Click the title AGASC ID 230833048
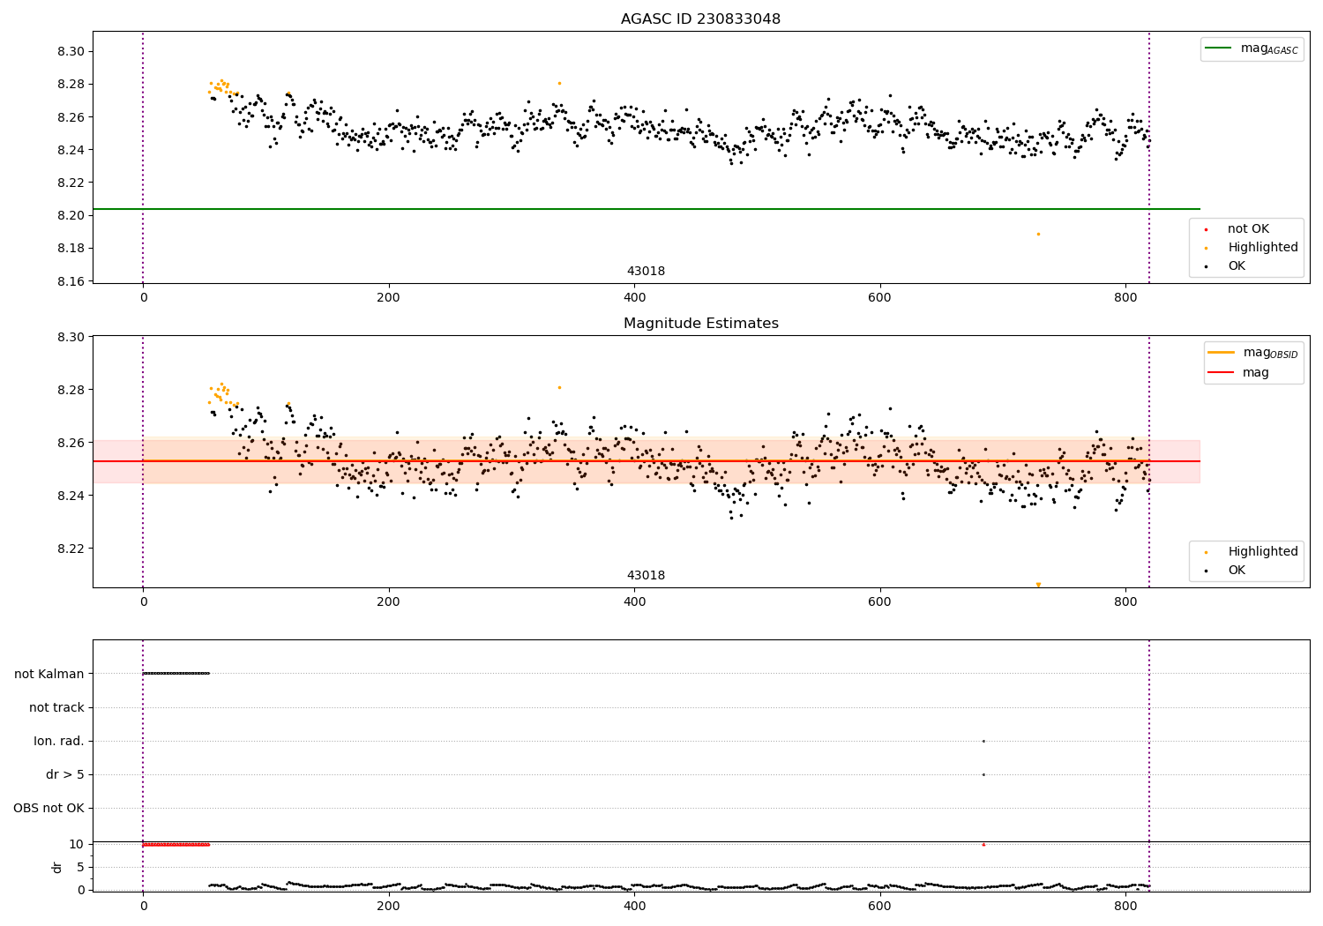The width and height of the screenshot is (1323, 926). [x=700, y=19]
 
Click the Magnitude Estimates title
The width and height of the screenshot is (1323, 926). [x=700, y=324]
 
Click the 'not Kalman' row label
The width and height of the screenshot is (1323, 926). [x=49, y=674]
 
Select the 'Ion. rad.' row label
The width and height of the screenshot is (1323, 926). [x=59, y=741]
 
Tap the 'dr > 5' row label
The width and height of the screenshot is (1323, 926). [x=65, y=774]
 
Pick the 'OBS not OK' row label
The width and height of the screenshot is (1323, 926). [x=49, y=808]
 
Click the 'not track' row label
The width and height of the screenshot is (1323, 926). [x=56, y=707]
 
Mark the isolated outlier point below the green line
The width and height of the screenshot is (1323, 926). [x=1038, y=234]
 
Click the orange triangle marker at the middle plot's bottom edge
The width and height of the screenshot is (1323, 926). [x=1038, y=585]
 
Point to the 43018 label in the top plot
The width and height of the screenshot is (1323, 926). [x=646, y=271]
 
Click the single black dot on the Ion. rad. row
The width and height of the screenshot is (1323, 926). [x=983, y=741]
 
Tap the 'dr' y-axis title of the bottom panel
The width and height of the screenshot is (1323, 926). [x=57, y=867]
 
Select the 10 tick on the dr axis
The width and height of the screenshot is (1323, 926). [x=77, y=844]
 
